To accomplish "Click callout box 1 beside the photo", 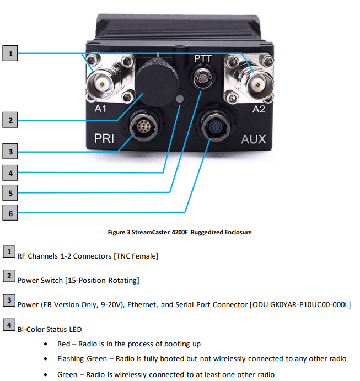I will tap(10, 53).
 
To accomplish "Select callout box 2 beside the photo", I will tap(10, 119).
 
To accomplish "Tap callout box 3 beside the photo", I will tap(10, 151).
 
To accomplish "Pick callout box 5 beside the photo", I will tap(10, 192).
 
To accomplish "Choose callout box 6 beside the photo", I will tap(10, 211).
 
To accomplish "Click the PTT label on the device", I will tap(202, 58).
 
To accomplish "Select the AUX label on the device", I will tap(253, 138).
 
